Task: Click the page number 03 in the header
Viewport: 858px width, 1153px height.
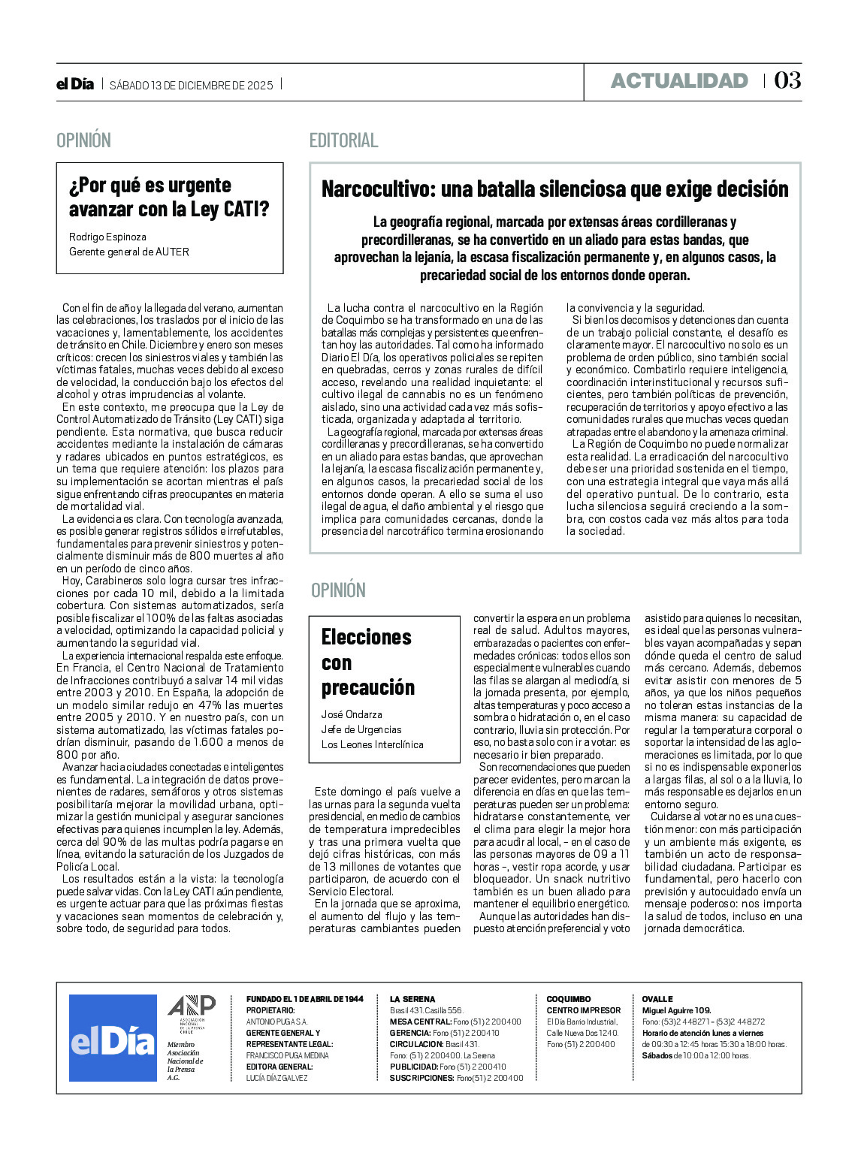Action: pos(787,80)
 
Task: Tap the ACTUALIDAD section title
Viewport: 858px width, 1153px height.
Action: pos(679,81)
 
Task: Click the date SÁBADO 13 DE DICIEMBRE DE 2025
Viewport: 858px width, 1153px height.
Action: pos(192,85)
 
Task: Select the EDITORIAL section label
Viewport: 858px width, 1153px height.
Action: pos(343,140)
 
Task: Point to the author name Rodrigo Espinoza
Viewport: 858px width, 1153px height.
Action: pos(107,237)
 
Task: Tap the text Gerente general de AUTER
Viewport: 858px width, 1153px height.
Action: pos(129,252)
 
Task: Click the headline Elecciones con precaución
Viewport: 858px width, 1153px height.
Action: pos(367,662)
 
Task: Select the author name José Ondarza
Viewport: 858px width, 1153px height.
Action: pos(352,714)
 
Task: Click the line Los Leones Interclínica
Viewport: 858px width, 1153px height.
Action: pos(372,744)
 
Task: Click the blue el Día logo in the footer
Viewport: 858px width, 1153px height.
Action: pos(113,1038)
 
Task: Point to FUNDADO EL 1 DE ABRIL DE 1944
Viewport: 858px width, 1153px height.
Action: pos(304,999)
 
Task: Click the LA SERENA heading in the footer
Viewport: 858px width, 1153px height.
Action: pos(412,999)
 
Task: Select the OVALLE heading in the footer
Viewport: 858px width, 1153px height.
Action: pos(657,999)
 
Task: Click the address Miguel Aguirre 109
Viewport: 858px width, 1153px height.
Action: pos(676,1010)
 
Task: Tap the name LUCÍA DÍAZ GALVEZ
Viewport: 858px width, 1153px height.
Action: pos(276,1078)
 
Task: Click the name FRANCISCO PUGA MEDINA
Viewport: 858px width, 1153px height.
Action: pos(287,1055)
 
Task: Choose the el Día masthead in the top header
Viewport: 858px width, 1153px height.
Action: pos(75,84)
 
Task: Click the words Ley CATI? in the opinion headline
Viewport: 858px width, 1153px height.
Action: pos(230,210)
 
